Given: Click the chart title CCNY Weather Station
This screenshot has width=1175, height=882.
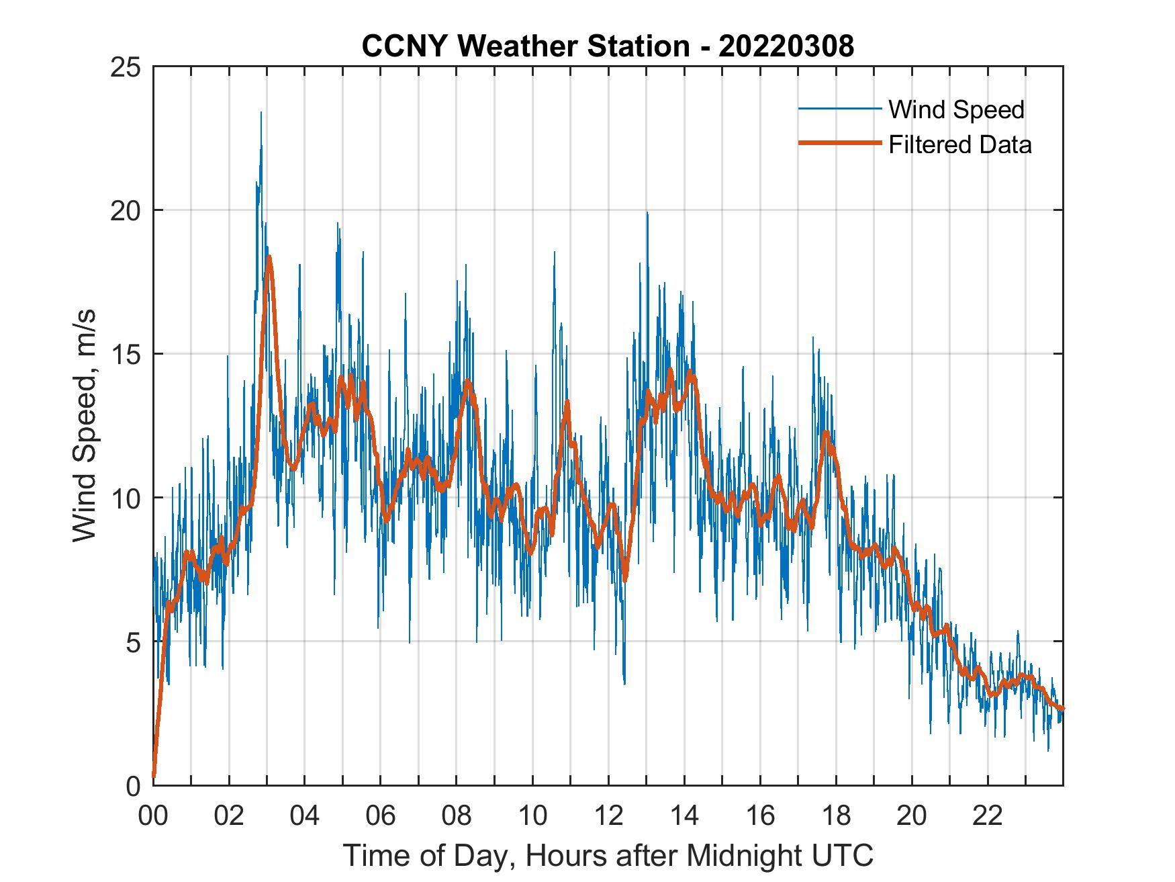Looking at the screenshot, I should click(608, 46).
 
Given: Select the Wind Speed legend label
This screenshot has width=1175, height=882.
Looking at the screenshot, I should click(956, 109).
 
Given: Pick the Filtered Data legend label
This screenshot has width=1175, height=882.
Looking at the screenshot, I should click(959, 144).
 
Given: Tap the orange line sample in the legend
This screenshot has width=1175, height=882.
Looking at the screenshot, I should click(839, 144).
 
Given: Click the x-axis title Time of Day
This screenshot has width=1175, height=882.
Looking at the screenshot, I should click(608, 855).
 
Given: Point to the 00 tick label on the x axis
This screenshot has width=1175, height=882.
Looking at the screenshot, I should click(153, 816).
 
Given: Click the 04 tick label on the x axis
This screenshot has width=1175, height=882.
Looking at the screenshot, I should click(305, 816).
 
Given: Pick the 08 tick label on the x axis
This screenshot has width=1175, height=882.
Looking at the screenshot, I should click(457, 816).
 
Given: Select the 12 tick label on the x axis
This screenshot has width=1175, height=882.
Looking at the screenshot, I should click(608, 816).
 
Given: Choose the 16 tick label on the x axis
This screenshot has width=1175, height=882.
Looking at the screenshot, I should click(760, 816).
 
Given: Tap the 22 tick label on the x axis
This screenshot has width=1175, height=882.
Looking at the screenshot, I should click(988, 816).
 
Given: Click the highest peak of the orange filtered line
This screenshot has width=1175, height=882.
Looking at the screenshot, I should click(269, 257).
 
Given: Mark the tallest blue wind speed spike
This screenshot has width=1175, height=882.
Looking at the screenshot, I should click(261, 113).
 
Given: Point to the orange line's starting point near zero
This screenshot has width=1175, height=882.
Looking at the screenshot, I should click(154, 776).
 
